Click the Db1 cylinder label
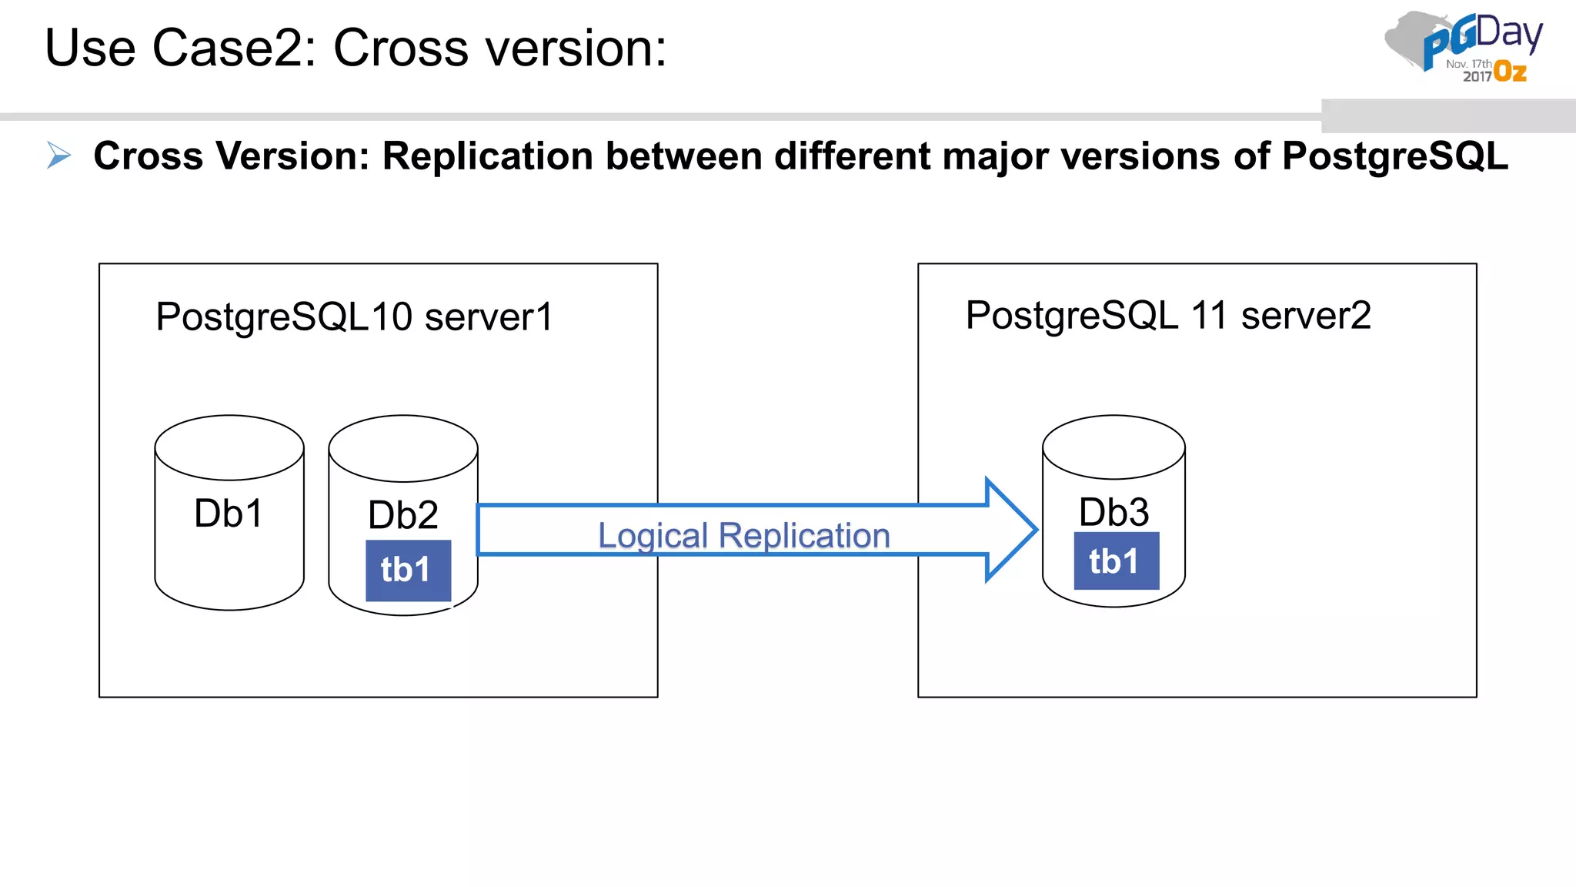[229, 514]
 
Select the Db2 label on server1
[402, 515]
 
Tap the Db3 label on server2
[1114, 512]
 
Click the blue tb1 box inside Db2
[408, 571]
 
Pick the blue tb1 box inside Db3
[1116, 561]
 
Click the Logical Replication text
[743, 535]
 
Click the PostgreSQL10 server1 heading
[354, 316]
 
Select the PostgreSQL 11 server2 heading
[1167, 315]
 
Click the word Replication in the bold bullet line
[487, 156]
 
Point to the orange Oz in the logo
[1510, 72]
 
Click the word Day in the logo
[1509, 34]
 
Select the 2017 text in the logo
[1477, 76]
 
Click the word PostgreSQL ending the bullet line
[1394, 156]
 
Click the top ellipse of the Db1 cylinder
[229, 447]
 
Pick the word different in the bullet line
[852, 156]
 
